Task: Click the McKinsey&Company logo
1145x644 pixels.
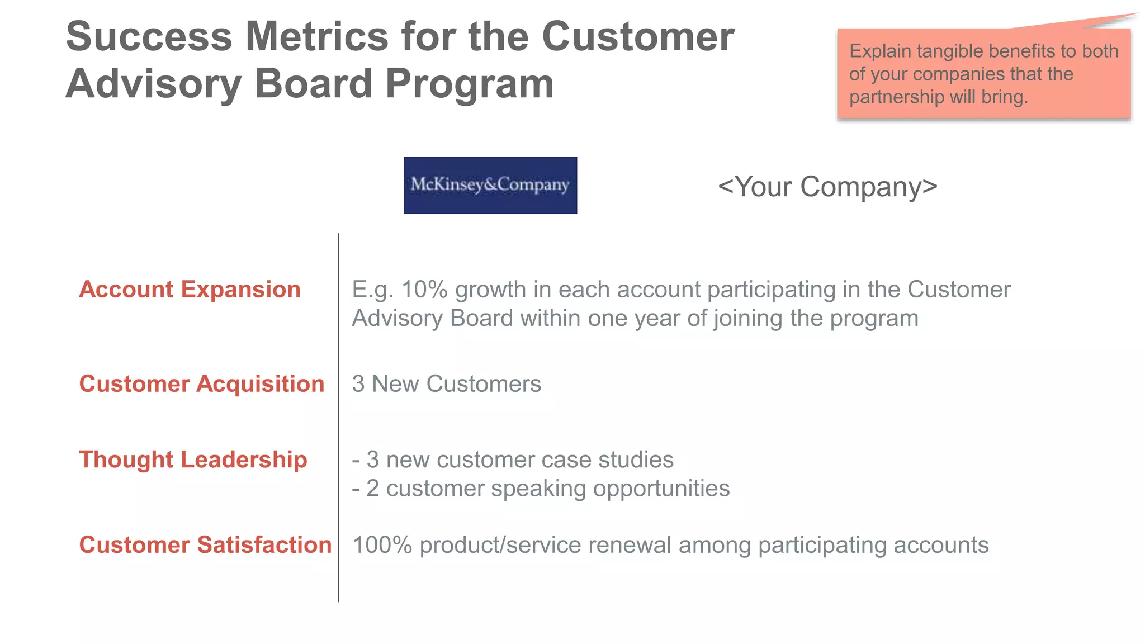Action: click(490, 185)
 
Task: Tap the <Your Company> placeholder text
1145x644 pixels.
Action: click(827, 187)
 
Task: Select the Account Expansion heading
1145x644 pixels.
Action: click(190, 290)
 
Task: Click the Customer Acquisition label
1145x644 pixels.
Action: click(202, 384)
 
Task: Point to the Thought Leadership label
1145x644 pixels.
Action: click(193, 460)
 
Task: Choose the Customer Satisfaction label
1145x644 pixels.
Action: click(205, 545)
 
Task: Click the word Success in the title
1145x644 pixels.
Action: click(149, 37)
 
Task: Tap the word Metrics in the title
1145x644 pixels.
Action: click(317, 37)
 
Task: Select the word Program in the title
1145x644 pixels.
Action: click(469, 84)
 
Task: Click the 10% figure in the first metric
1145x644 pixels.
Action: click(424, 290)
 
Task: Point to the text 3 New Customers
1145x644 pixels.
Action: click(446, 384)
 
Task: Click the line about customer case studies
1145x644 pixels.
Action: click(513, 460)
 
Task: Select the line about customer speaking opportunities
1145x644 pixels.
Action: click(541, 489)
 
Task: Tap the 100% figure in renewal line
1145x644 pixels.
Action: click(382, 545)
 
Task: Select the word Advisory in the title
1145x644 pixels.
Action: click(153, 84)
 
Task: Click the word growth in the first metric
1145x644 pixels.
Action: click(490, 290)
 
